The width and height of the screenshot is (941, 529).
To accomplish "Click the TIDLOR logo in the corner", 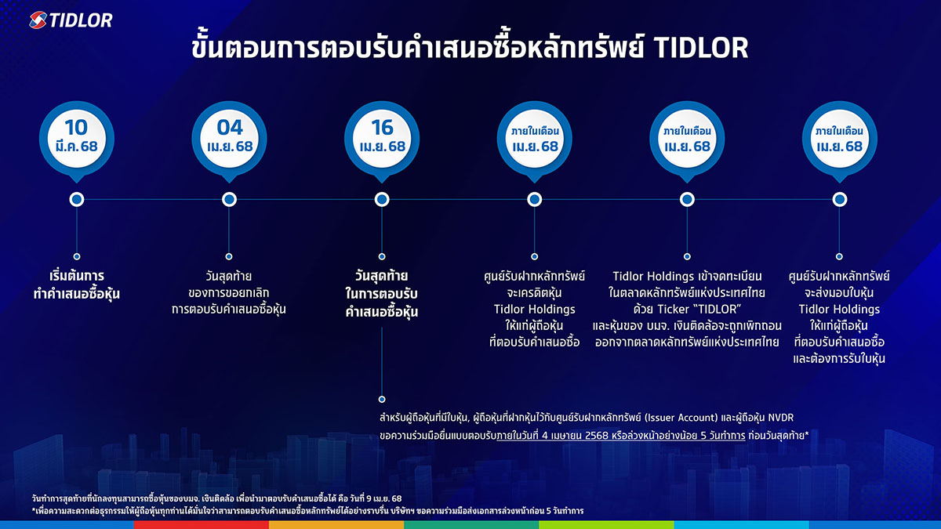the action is coord(71,20).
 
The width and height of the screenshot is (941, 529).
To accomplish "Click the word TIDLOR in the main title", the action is coord(701,48).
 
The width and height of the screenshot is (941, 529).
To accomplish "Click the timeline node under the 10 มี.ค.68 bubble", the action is coord(77,199).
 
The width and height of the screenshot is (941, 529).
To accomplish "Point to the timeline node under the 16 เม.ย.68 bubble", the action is coord(382,199).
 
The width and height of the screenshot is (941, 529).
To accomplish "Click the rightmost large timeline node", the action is coord(839,199).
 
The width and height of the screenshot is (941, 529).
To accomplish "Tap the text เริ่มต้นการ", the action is coord(77,276).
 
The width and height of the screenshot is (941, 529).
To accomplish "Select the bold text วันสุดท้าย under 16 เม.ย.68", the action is coord(381,276).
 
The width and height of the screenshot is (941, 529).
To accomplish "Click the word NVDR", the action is coord(781,418).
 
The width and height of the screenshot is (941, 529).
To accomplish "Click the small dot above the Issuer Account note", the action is coord(382,399).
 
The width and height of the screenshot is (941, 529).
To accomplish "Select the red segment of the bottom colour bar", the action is coord(202,525).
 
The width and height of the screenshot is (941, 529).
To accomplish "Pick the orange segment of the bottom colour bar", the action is coord(336,525).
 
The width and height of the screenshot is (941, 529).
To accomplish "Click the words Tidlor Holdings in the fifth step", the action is coord(653,276).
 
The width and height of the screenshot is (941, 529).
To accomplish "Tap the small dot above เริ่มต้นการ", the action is coord(77,256).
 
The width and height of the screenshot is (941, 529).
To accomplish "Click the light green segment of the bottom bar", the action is coord(607,525).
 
